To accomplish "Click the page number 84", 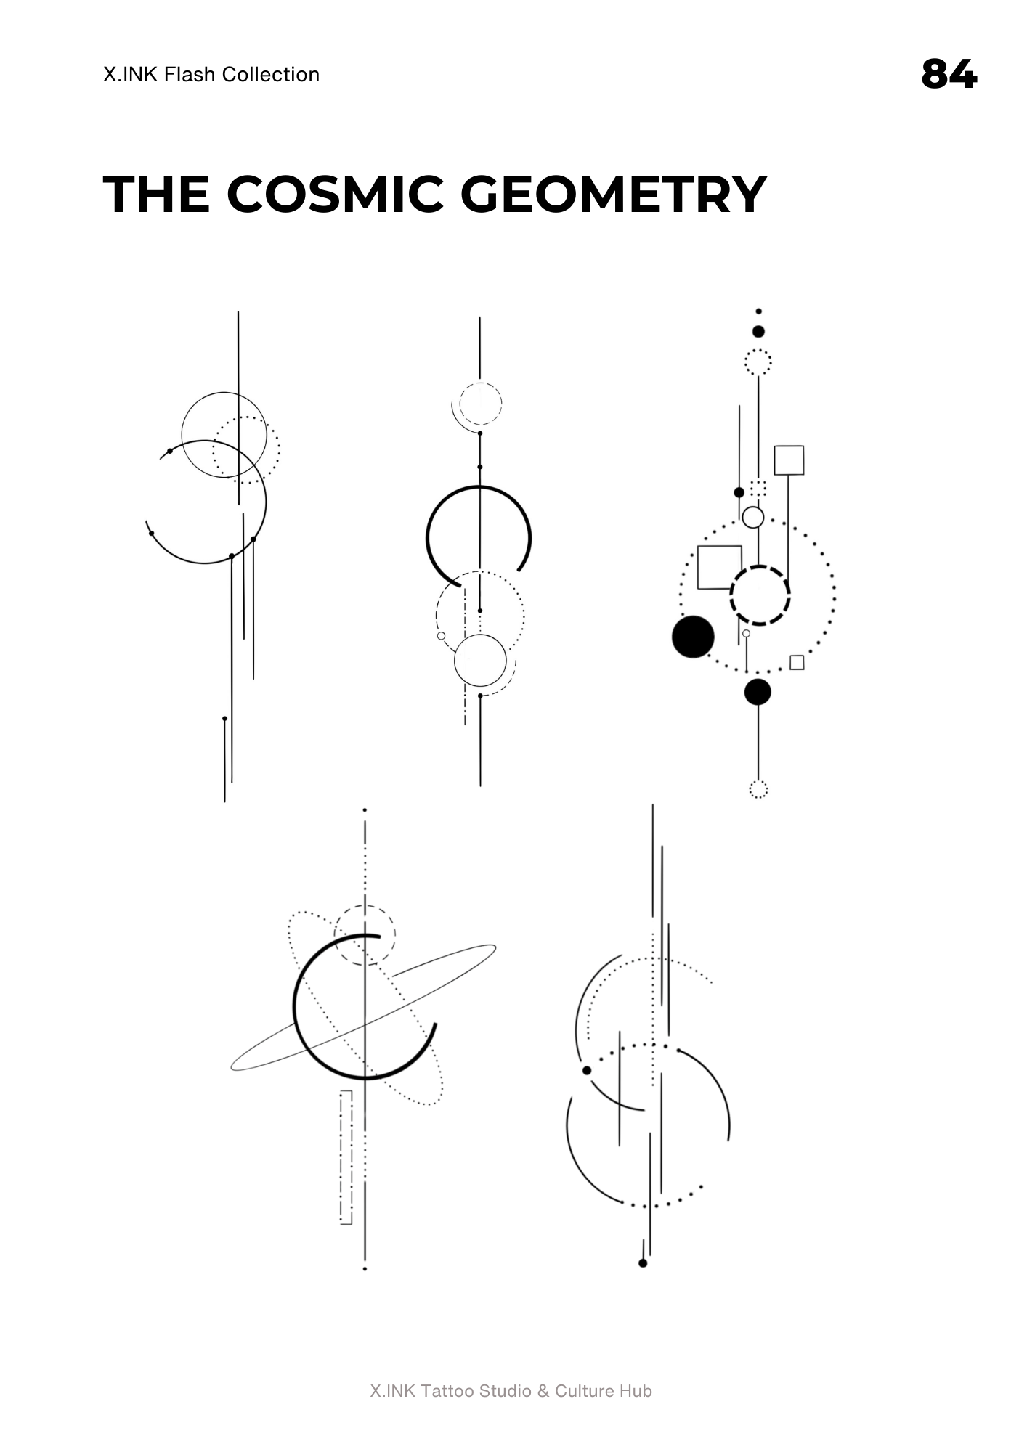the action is pos(949,74).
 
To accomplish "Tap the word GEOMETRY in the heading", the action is pos(614,195).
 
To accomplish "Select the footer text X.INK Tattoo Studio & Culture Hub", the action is pos(511,1391).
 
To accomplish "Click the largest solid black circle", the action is pos(693,637).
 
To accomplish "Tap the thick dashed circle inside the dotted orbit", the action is pos(760,595).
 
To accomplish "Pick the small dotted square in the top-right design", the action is pos(758,488).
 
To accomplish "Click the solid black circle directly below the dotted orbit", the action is pos(758,692).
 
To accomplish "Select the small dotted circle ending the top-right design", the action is pos(758,789).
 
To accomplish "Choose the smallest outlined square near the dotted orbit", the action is pos(797,662).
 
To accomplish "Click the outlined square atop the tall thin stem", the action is pos(789,460).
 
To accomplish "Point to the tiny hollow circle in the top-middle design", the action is pos(441,636).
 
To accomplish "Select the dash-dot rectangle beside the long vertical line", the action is pos(346,1157).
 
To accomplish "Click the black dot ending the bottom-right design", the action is pos(643,1263).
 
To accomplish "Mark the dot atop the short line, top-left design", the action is pos(224,719).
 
